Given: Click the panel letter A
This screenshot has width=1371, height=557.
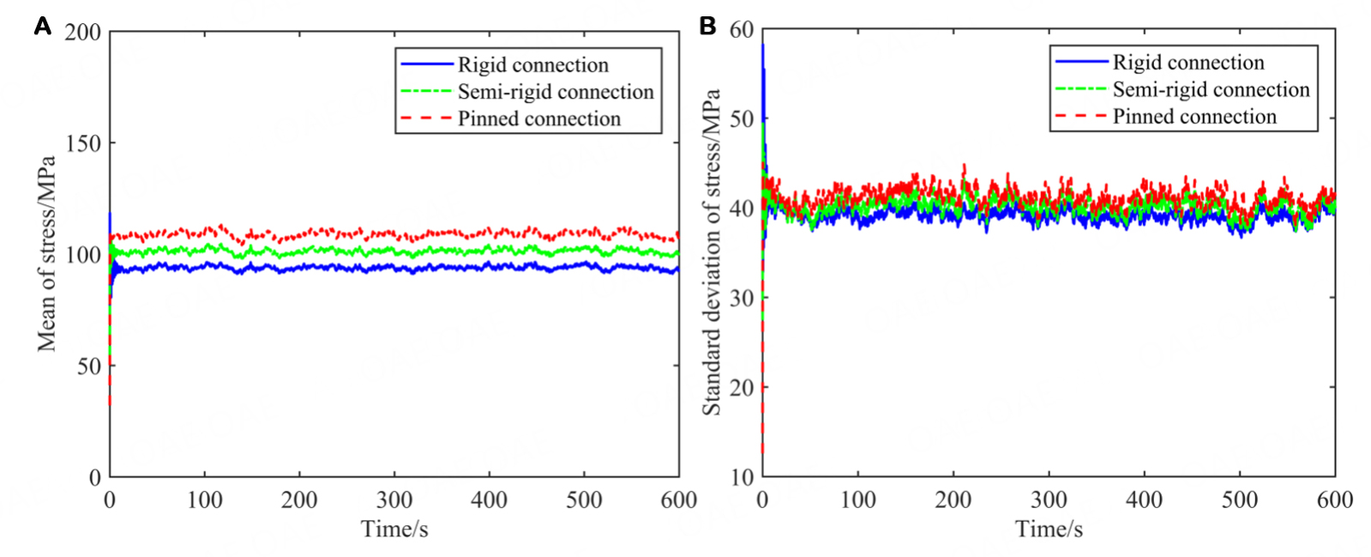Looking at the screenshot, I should pos(42,27).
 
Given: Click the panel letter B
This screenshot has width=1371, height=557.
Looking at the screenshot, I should pos(707,26).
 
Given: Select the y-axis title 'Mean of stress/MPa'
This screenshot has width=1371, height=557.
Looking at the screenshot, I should pos(46,254).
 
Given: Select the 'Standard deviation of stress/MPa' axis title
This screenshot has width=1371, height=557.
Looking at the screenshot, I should pos(711,252).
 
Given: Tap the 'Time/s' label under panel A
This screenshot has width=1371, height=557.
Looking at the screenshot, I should pos(394,529).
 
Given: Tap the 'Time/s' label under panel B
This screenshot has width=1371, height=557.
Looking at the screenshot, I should pos(1049,529).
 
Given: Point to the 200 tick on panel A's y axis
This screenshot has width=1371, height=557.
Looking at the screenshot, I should pos(82,33).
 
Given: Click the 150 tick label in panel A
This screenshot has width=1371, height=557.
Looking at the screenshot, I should pos(82,143).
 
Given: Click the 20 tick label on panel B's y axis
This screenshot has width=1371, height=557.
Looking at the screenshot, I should pos(742,387).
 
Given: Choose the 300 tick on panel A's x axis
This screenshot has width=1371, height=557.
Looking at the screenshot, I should pos(394,500).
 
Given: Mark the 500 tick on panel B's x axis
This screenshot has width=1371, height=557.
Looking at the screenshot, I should pos(1239,499).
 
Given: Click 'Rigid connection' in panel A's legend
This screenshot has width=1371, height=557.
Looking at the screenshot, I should pos(532,65).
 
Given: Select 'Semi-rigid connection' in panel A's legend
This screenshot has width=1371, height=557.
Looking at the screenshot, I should pos(555,92).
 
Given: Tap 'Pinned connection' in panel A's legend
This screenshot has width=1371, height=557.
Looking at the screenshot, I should pos(538,119).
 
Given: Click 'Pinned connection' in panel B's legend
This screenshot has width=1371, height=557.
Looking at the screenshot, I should pos(1194,117).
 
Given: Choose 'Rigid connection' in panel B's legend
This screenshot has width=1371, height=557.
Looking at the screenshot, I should pos(1188,63).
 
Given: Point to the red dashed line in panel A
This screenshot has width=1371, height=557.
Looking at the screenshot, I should pos(343,233).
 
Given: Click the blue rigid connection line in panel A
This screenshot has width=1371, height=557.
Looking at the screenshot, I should pos(343,268).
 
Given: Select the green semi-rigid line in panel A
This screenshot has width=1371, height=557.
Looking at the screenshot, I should pos(343,251).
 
